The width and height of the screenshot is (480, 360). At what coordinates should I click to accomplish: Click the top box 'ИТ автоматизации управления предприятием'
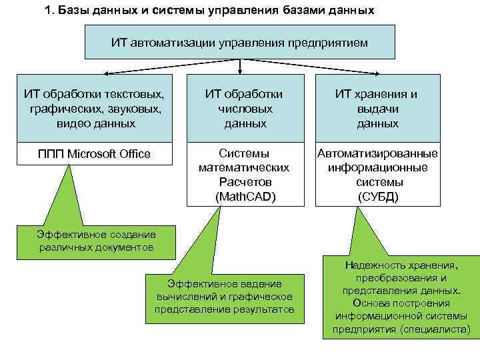(239, 42)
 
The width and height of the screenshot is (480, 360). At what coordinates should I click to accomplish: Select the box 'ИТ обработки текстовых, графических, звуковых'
(93, 108)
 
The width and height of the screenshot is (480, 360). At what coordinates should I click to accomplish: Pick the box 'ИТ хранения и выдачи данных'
(377, 108)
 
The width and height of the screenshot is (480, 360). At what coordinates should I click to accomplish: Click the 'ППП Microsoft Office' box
(93, 154)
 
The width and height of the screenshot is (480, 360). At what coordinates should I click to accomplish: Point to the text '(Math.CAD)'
(244, 196)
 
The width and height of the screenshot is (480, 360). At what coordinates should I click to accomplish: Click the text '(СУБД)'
(377, 196)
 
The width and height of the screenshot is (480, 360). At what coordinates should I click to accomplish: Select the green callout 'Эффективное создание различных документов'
(96, 241)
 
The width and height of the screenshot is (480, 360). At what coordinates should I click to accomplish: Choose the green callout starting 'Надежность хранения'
(401, 297)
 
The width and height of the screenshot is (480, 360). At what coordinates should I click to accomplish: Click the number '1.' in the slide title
(49, 11)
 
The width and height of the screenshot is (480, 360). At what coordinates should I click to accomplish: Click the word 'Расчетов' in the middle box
(244, 181)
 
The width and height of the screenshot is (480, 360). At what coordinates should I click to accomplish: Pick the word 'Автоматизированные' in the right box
(377, 153)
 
